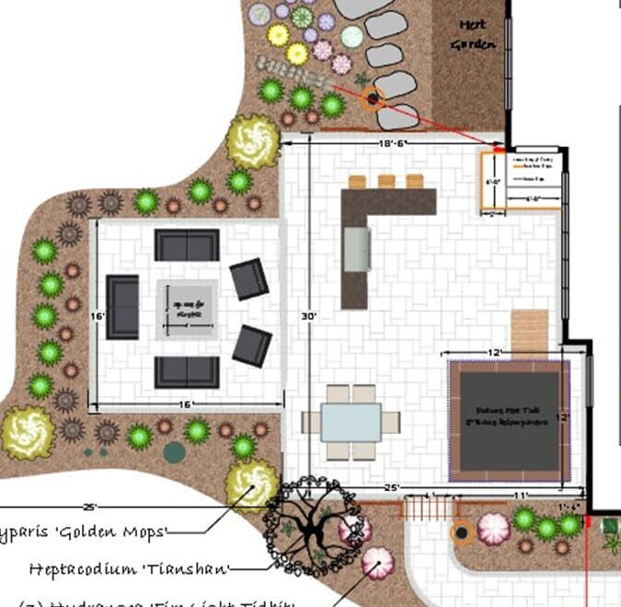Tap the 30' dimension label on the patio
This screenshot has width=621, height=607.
click(310, 315)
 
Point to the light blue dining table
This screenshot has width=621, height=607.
click(351, 422)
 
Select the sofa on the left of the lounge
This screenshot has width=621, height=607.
click(122, 307)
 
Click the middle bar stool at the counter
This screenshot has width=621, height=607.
click(386, 181)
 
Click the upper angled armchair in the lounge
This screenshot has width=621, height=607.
click(248, 279)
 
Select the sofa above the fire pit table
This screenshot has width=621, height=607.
click(187, 246)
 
